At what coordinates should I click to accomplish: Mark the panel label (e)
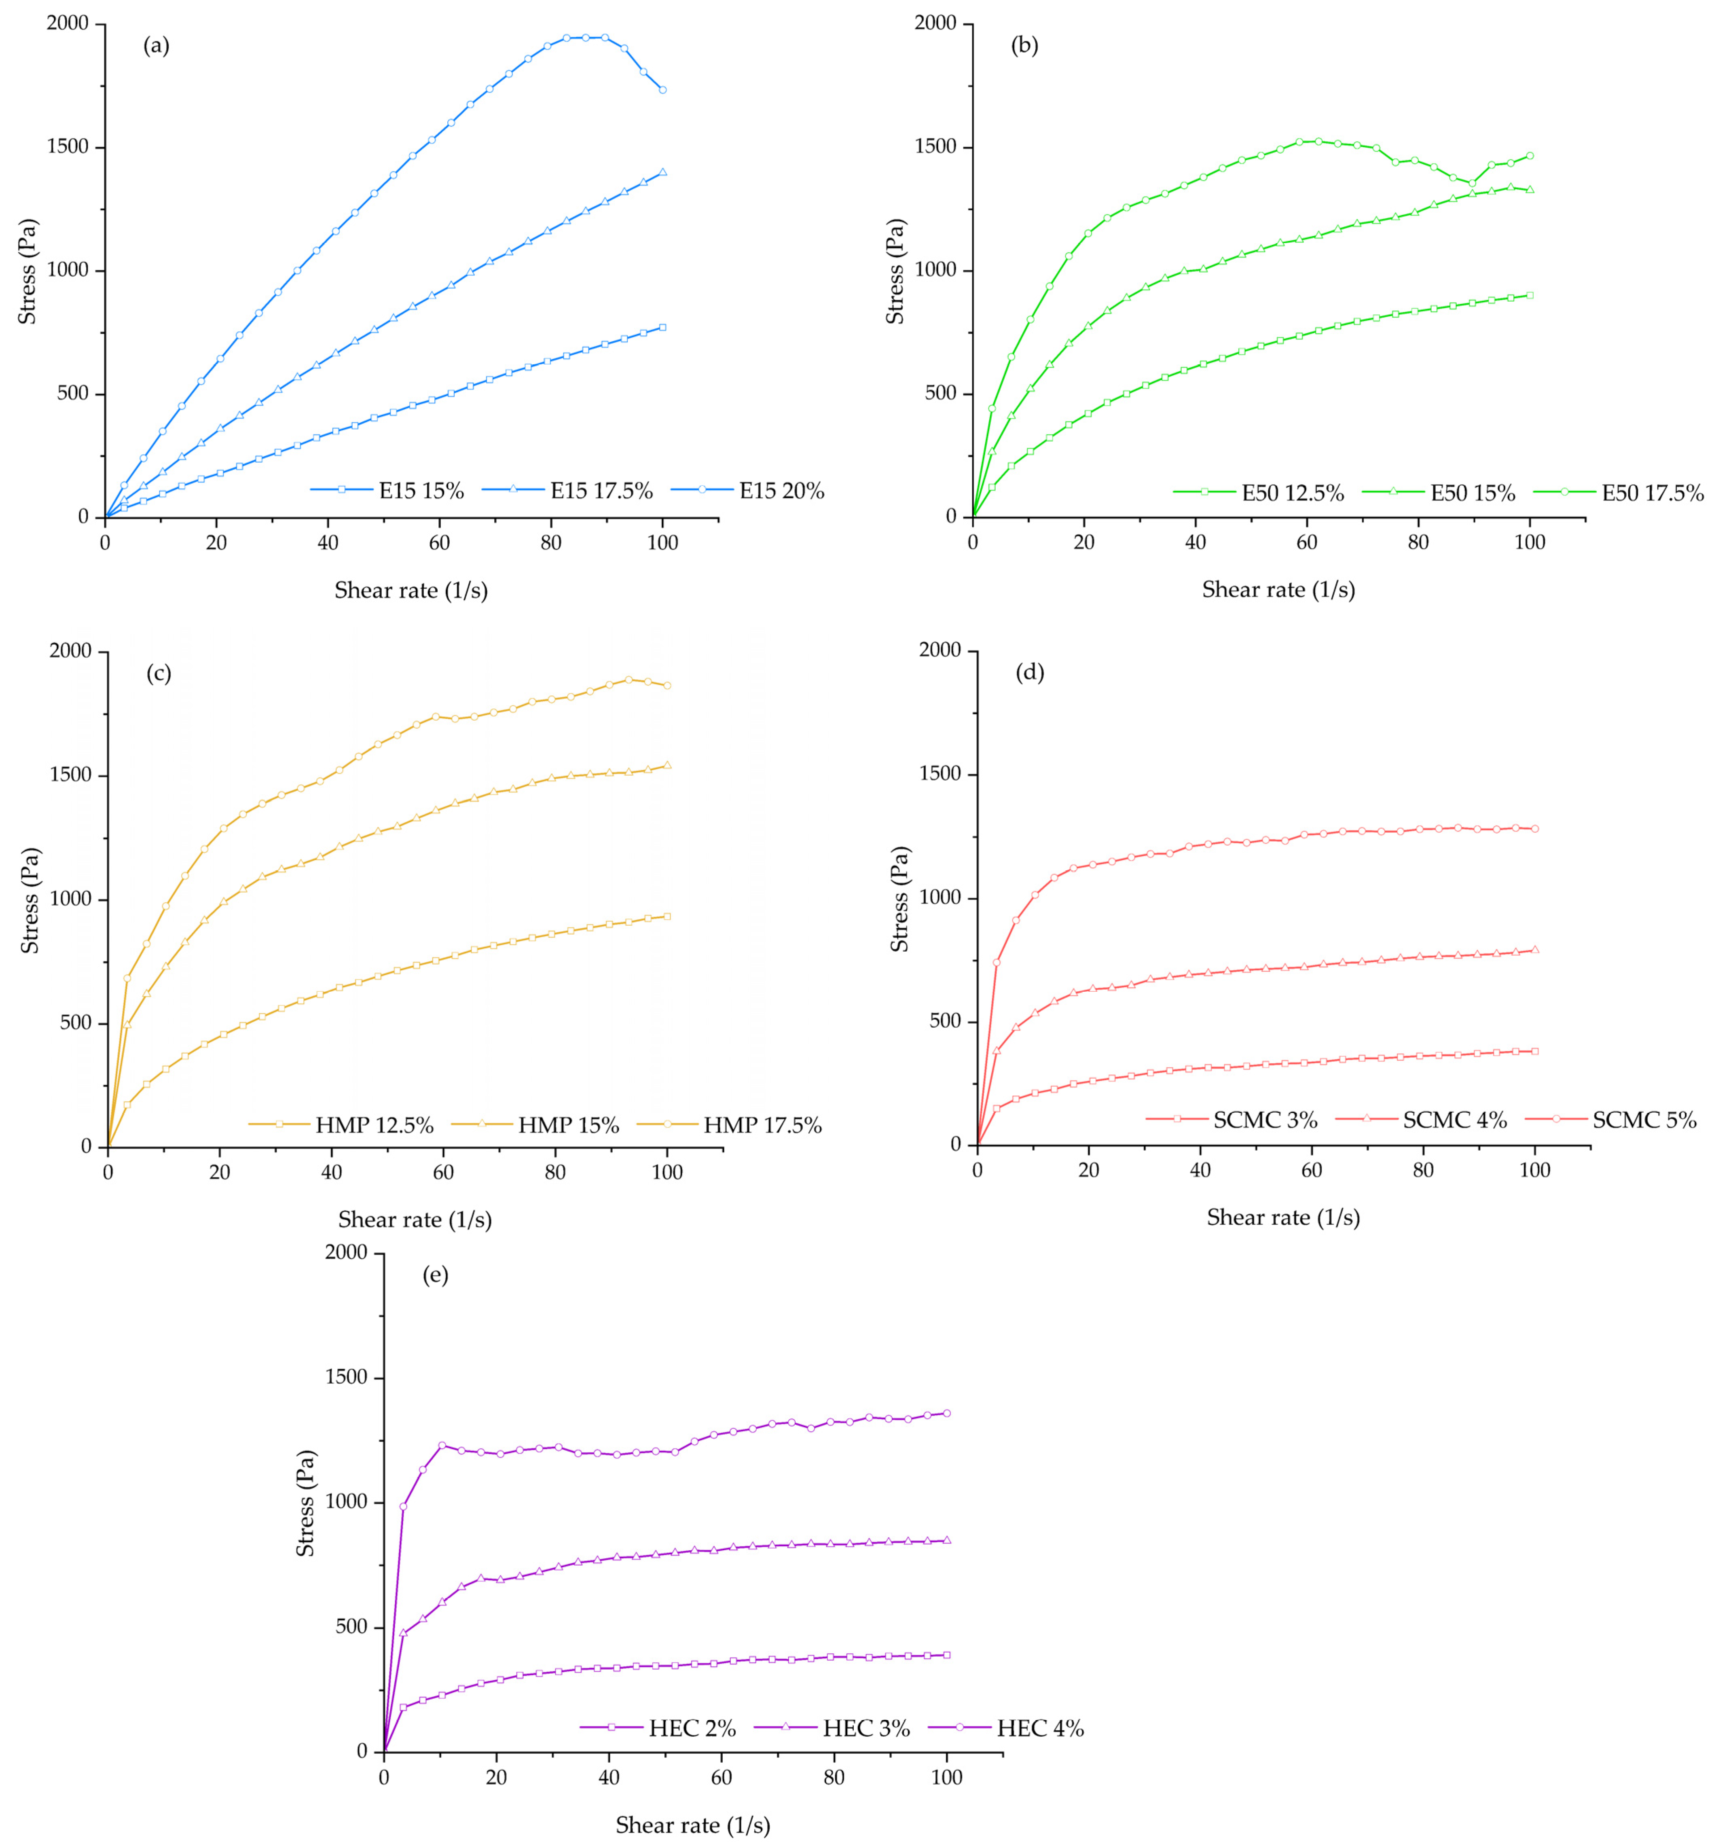(x=435, y=1275)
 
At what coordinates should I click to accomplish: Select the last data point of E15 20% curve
(x=662, y=90)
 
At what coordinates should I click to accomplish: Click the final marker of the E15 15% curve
(x=662, y=328)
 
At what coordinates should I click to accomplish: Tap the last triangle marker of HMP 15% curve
(x=667, y=765)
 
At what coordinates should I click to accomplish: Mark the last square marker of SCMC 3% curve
(x=1535, y=1051)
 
